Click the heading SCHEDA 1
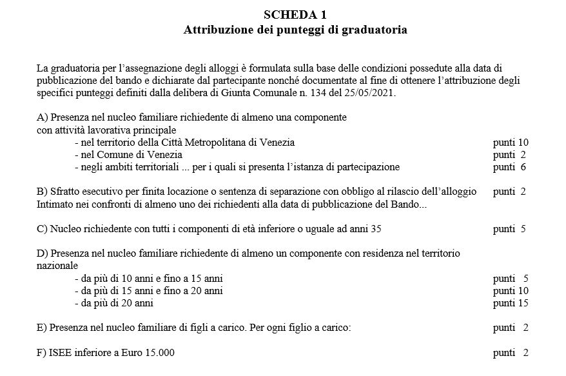click(x=295, y=15)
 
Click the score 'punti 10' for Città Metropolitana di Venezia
click(x=511, y=143)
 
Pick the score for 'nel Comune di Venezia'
click(x=510, y=155)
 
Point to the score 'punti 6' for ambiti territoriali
click(x=510, y=167)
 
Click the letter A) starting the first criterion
click(x=43, y=118)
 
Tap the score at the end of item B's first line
click(x=510, y=192)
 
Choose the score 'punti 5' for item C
click(x=510, y=229)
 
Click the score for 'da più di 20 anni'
click(x=511, y=302)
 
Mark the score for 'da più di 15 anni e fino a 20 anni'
click(x=511, y=291)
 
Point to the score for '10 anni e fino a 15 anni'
click(x=511, y=279)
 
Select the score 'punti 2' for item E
click(x=511, y=328)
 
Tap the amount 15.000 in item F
click(x=159, y=353)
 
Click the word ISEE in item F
click(x=60, y=353)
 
